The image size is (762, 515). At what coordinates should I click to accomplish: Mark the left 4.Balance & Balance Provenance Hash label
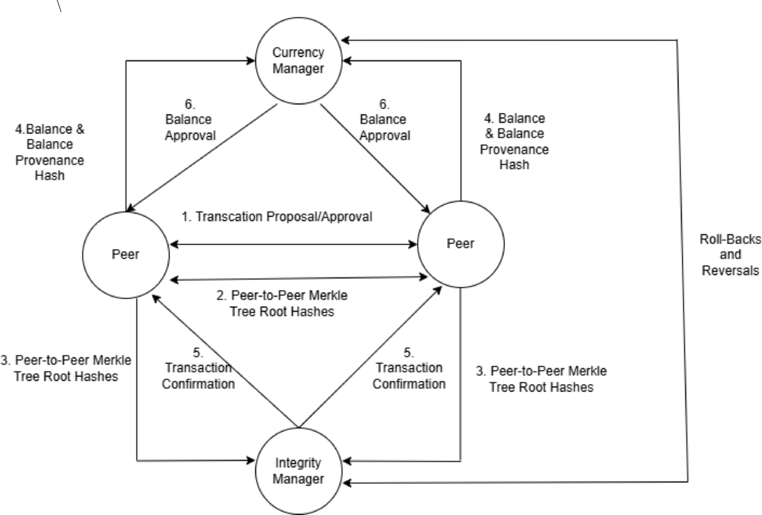(49, 152)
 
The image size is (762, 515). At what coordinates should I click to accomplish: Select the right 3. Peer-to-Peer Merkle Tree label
(541, 378)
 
